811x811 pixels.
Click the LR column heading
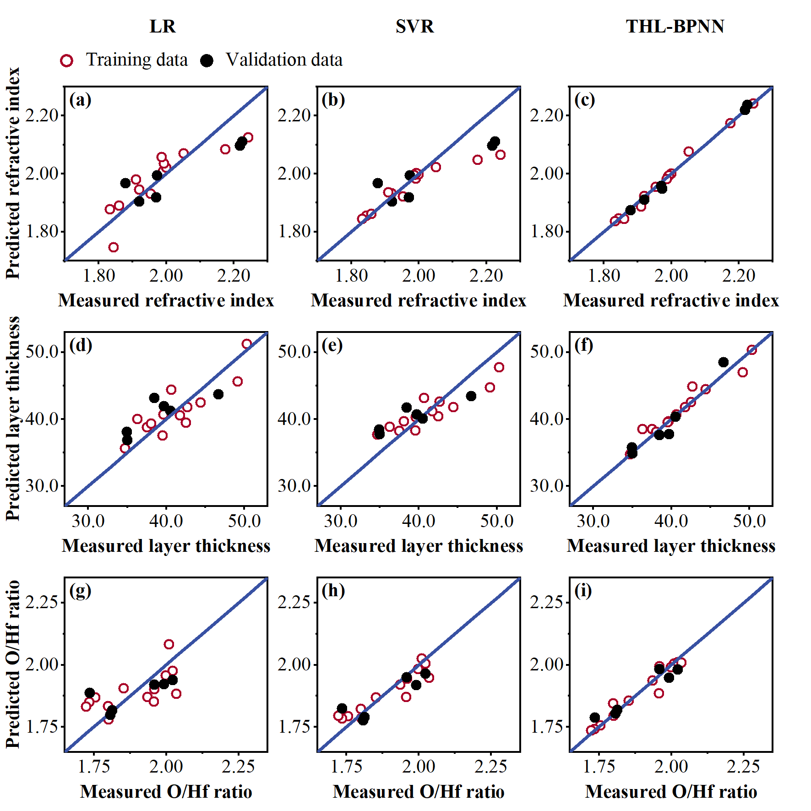pos(163,27)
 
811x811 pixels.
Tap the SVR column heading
pos(414,27)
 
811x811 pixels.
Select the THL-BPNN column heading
pos(675,27)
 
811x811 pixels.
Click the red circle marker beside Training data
pos(67,60)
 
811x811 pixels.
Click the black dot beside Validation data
pos(207,60)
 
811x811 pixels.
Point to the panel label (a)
pos(80,99)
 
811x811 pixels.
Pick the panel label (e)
pos(332,345)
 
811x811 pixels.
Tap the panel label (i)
pos(583,591)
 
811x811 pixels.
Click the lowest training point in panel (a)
pos(114,247)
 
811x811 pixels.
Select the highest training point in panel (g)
pos(169,644)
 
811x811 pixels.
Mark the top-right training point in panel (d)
pos(247,344)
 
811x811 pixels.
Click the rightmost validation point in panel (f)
pos(724,362)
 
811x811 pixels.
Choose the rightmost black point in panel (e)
pos(471,396)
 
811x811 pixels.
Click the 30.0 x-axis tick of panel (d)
pos(88,521)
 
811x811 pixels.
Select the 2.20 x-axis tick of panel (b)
pos(486,276)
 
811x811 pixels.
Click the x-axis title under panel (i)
pos(671,792)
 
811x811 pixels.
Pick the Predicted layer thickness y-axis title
pos(13,419)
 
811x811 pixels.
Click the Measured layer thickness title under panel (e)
pos(419,546)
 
